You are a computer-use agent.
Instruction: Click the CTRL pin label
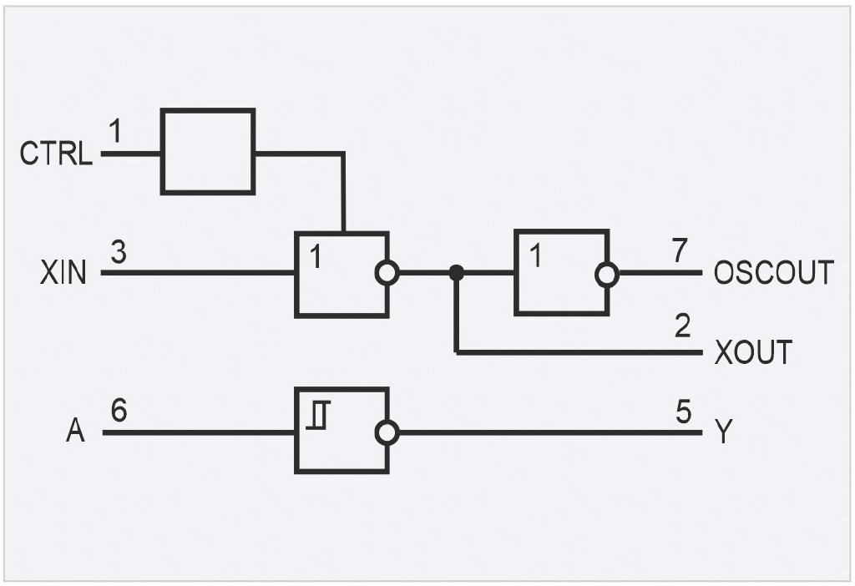click(x=56, y=153)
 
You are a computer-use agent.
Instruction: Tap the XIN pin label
click(x=63, y=273)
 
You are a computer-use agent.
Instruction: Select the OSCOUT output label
click(x=774, y=273)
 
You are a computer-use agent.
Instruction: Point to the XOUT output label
click(x=754, y=352)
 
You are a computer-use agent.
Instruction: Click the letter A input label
click(x=76, y=430)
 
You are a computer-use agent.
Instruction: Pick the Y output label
click(x=724, y=432)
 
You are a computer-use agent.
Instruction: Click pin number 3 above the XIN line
click(x=119, y=252)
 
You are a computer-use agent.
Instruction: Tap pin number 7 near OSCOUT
click(x=680, y=250)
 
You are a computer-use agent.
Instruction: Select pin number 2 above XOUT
click(x=683, y=326)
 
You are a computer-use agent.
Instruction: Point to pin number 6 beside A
click(x=119, y=410)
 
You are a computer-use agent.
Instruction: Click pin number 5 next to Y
click(x=683, y=412)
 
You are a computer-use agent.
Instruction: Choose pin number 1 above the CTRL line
click(x=114, y=131)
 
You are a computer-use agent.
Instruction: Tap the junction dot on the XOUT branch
click(x=457, y=273)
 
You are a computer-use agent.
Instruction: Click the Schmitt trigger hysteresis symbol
click(x=318, y=415)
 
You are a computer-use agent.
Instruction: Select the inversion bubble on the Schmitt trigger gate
click(x=387, y=433)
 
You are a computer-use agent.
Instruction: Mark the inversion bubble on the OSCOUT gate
click(x=607, y=274)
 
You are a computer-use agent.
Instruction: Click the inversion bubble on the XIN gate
click(x=387, y=273)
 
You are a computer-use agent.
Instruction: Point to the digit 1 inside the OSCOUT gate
click(x=536, y=255)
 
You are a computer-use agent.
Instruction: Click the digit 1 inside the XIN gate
click(x=315, y=256)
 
